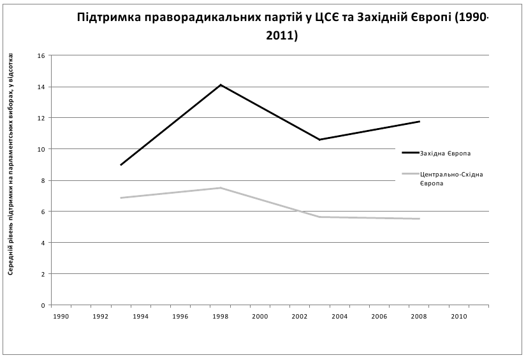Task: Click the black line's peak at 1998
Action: click(221, 85)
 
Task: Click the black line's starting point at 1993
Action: click(121, 165)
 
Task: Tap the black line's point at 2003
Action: click(319, 140)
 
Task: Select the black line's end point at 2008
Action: click(419, 121)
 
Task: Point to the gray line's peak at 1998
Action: click(221, 188)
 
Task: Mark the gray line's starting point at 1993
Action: click(121, 198)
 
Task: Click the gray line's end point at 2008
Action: click(419, 219)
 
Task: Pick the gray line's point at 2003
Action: click(319, 217)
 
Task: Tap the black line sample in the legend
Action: click(409, 154)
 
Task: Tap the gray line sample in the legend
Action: click(409, 173)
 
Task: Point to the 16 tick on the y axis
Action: click(41, 55)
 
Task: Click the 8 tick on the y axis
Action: click(43, 180)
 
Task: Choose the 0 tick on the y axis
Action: click(43, 305)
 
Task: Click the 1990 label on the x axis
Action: click(61, 316)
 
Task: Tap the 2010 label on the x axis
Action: click(459, 316)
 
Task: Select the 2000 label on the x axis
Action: click(259, 316)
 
